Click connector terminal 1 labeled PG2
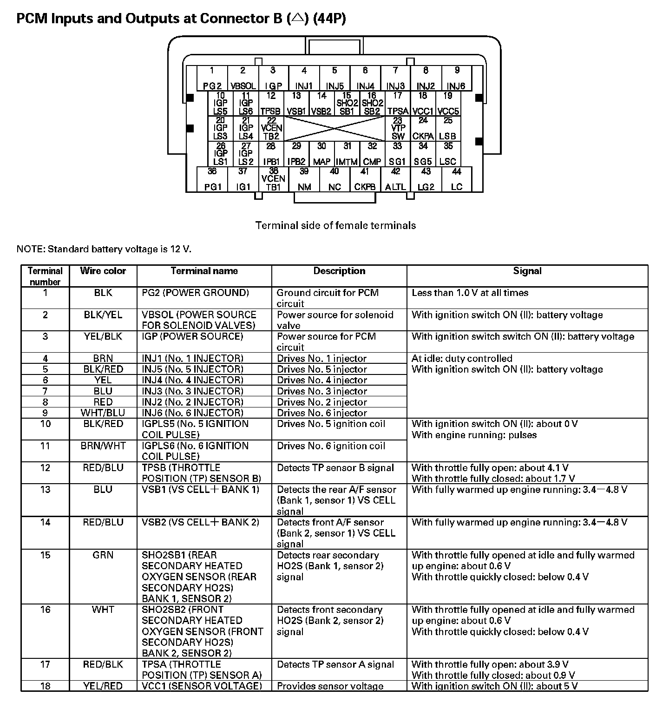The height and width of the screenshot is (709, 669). pyautogui.click(x=212, y=78)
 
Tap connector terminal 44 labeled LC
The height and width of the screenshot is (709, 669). pyautogui.click(x=457, y=179)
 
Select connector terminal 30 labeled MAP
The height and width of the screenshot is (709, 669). pyautogui.click(x=321, y=154)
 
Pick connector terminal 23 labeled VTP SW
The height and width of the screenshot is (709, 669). pyautogui.click(x=398, y=129)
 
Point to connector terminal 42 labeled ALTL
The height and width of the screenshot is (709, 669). pyautogui.click(x=395, y=179)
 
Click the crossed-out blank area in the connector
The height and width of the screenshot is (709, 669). pyautogui.click(x=334, y=129)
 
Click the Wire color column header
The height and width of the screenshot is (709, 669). pyautogui.click(x=103, y=271)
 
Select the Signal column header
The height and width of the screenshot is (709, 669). pyautogui.click(x=527, y=271)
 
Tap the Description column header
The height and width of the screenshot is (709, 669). pyautogui.click(x=339, y=271)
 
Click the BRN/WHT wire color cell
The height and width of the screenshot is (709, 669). pyautogui.click(x=103, y=446)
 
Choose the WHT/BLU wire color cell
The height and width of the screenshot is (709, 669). pyautogui.click(x=103, y=413)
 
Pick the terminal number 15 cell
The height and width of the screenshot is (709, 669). pyautogui.click(x=45, y=555)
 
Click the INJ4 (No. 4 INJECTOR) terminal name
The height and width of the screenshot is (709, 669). pyautogui.click(x=192, y=380)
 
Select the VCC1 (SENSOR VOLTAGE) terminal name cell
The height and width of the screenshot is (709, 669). pyautogui.click(x=202, y=686)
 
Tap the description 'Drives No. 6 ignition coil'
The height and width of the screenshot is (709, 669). pyautogui.click(x=331, y=446)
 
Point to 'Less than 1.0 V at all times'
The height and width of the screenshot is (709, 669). pyautogui.click(x=470, y=293)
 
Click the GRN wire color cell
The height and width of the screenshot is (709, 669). pyautogui.click(x=103, y=555)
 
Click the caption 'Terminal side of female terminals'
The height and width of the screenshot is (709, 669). pyautogui.click(x=335, y=225)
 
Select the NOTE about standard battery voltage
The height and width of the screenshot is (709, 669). pyautogui.click(x=104, y=249)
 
